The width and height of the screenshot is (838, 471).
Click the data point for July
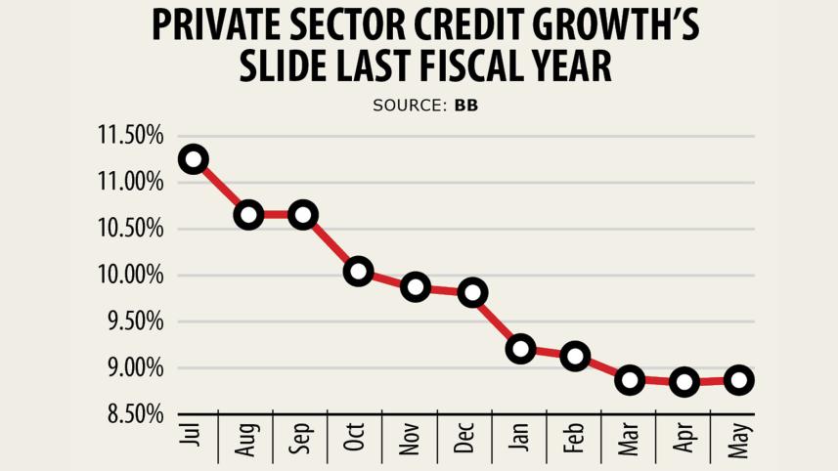[x=194, y=159]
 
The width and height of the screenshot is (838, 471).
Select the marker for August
[x=248, y=215]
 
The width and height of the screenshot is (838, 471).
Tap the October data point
[x=358, y=272]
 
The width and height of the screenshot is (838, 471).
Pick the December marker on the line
[x=473, y=292]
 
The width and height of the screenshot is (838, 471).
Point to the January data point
[x=520, y=349]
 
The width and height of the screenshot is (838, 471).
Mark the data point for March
[x=630, y=380]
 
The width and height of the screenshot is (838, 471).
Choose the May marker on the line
[x=739, y=380]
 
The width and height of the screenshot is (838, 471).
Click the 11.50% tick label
[x=130, y=136]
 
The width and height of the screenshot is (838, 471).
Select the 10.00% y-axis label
[x=130, y=276]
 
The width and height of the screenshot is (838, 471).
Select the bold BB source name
[x=465, y=105]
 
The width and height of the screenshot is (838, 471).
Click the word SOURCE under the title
[x=408, y=105]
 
